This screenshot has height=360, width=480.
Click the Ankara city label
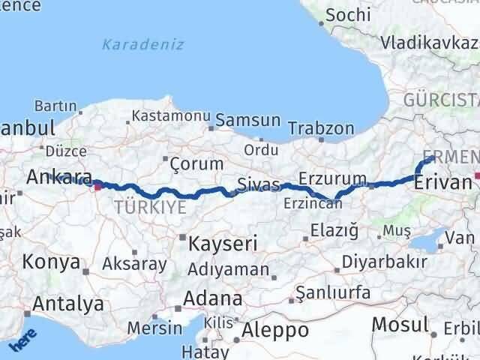(x=59, y=177)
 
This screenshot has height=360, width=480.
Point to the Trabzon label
(x=320, y=128)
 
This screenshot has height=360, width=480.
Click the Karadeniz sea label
(x=142, y=44)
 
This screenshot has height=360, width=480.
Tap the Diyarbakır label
(x=385, y=262)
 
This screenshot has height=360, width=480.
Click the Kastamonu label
(x=172, y=116)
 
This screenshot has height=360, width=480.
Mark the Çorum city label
(x=196, y=163)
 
